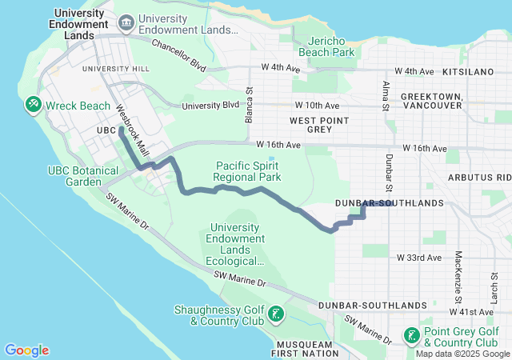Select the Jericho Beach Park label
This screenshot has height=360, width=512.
click(326, 46)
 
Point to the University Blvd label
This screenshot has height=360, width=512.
click(210, 106)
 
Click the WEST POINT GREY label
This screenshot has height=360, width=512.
click(310, 124)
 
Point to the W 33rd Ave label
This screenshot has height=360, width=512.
click(419, 258)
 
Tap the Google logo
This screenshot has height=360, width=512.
click(27, 350)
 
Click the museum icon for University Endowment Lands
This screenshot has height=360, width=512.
click(126, 24)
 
